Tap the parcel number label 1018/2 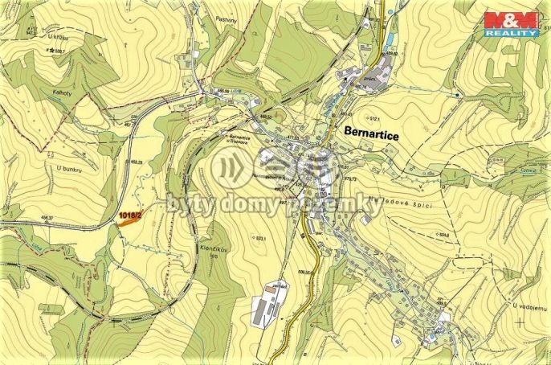pos(129,215)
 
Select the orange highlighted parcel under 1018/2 pos(126,224)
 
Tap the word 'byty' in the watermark pos(186,206)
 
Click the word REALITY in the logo pos(514,34)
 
